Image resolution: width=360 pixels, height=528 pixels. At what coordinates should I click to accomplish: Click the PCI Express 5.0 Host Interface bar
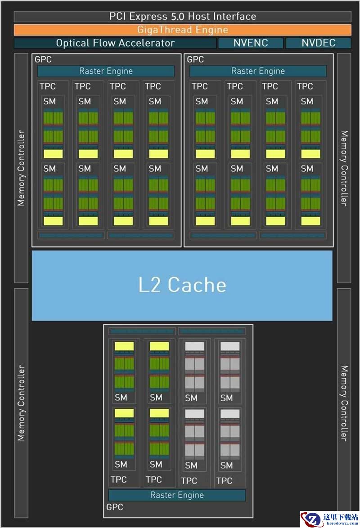[182, 17]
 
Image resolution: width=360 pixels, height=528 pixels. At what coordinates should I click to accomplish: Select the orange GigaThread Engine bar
[182, 30]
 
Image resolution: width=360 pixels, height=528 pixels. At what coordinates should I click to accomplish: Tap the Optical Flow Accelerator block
[115, 43]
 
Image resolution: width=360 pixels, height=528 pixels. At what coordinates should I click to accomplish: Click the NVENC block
[251, 43]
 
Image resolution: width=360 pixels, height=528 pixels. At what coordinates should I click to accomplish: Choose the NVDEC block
[318, 43]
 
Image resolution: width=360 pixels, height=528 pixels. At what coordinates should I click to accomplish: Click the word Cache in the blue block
[197, 285]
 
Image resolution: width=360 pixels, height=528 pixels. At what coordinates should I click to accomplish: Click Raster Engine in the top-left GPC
[106, 71]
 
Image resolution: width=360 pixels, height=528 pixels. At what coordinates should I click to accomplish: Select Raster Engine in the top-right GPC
[258, 71]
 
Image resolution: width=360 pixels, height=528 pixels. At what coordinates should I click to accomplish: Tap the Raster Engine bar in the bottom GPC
[177, 495]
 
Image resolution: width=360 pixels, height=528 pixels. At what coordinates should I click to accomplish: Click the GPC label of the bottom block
[115, 507]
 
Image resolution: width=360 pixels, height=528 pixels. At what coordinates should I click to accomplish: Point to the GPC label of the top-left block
[43, 60]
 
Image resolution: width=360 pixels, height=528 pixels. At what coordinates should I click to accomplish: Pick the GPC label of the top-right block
[195, 60]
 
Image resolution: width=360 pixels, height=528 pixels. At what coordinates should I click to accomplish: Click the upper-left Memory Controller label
[21, 168]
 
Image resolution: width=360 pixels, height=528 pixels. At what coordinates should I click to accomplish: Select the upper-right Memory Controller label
[344, 168]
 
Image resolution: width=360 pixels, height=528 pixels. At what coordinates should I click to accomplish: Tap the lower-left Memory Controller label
[21, 403]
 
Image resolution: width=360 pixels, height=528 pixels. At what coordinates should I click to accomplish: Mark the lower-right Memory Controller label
[344, 403]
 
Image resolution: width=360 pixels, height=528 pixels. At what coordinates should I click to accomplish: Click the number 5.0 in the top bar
[177, 17]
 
